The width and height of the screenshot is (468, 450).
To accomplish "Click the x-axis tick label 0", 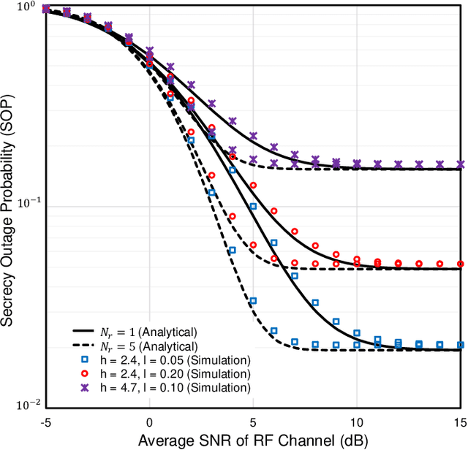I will pyautogui.click(x=149, y=422).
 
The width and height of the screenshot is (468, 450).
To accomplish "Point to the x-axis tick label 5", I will pyautogui.click(x=253, y=422).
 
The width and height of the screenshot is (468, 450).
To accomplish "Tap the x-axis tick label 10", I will pyautogui.click(x=357, y=422).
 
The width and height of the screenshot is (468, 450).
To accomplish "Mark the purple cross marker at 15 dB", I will pyautogui.click(x=461, y=164).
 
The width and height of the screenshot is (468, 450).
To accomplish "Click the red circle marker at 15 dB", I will pyautogui.click(x=461, y=264).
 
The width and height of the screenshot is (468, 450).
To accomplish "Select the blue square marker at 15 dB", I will pyautogui.click(x=461, y=344).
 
